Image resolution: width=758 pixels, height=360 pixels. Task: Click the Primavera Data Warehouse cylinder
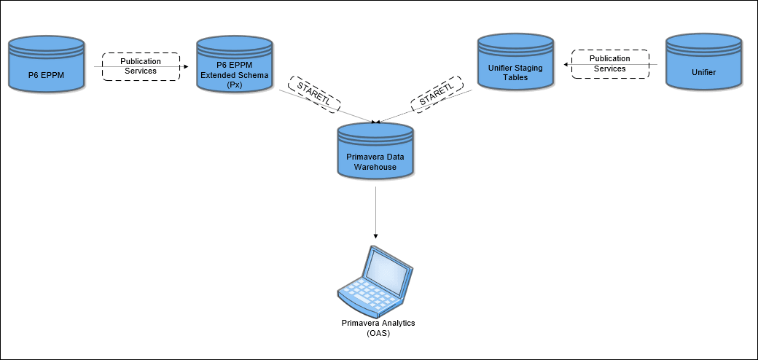pos(375,152)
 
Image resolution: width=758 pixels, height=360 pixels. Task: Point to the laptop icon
pos(375,281)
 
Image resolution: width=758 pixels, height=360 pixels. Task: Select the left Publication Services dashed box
pos(140,66)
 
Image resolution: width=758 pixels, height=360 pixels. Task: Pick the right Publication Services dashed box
pos(609,64)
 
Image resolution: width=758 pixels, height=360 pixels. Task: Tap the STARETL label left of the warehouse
pos(314,94)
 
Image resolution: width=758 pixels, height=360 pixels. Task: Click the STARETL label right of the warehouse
pos(437,94)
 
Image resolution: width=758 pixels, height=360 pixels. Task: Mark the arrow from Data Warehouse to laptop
pos(375,211)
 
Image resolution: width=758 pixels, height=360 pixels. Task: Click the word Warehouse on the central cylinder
pos(375,167)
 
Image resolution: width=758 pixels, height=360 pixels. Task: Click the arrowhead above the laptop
pos(375,235)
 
